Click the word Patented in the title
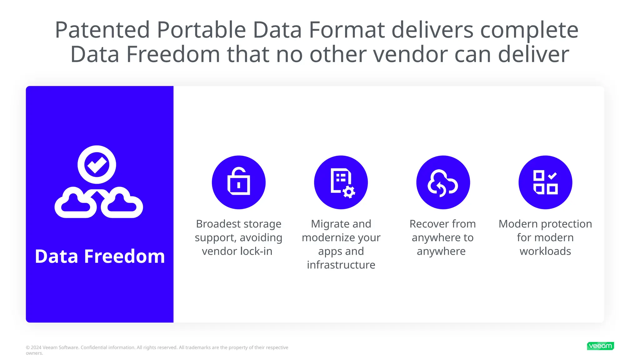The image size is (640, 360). point(102,30)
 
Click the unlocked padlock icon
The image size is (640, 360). point(239,182)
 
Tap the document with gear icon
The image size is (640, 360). point(341,182)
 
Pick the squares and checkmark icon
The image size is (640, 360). point(545,182)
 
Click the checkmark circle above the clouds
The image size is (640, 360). point(97,164)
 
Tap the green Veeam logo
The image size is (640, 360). point(600,346)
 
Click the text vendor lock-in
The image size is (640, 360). point(237,251)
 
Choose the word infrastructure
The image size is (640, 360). point(341,265)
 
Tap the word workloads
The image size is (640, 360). point(545,251)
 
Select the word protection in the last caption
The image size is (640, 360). point(566,224)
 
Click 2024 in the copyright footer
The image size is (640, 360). point(36,347)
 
